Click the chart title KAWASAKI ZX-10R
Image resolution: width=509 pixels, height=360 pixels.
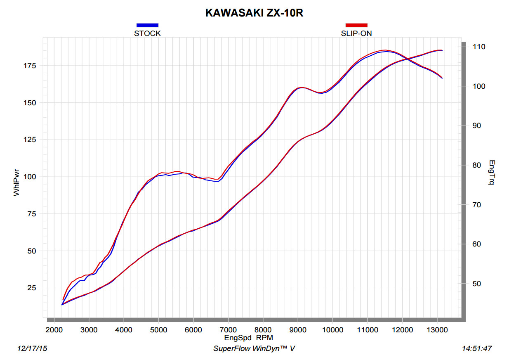254,13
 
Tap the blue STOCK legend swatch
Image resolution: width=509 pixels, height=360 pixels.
147,25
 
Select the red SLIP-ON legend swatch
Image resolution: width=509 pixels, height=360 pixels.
356,25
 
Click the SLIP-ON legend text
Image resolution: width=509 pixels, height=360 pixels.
356,33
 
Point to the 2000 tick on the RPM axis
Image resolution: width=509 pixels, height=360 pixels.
54,329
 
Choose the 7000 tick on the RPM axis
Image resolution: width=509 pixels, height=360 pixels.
228,329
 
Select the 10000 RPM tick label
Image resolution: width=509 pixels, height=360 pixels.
332,329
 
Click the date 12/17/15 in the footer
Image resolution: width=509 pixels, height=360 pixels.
32,349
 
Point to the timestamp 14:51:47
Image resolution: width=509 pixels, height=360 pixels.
477,349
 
